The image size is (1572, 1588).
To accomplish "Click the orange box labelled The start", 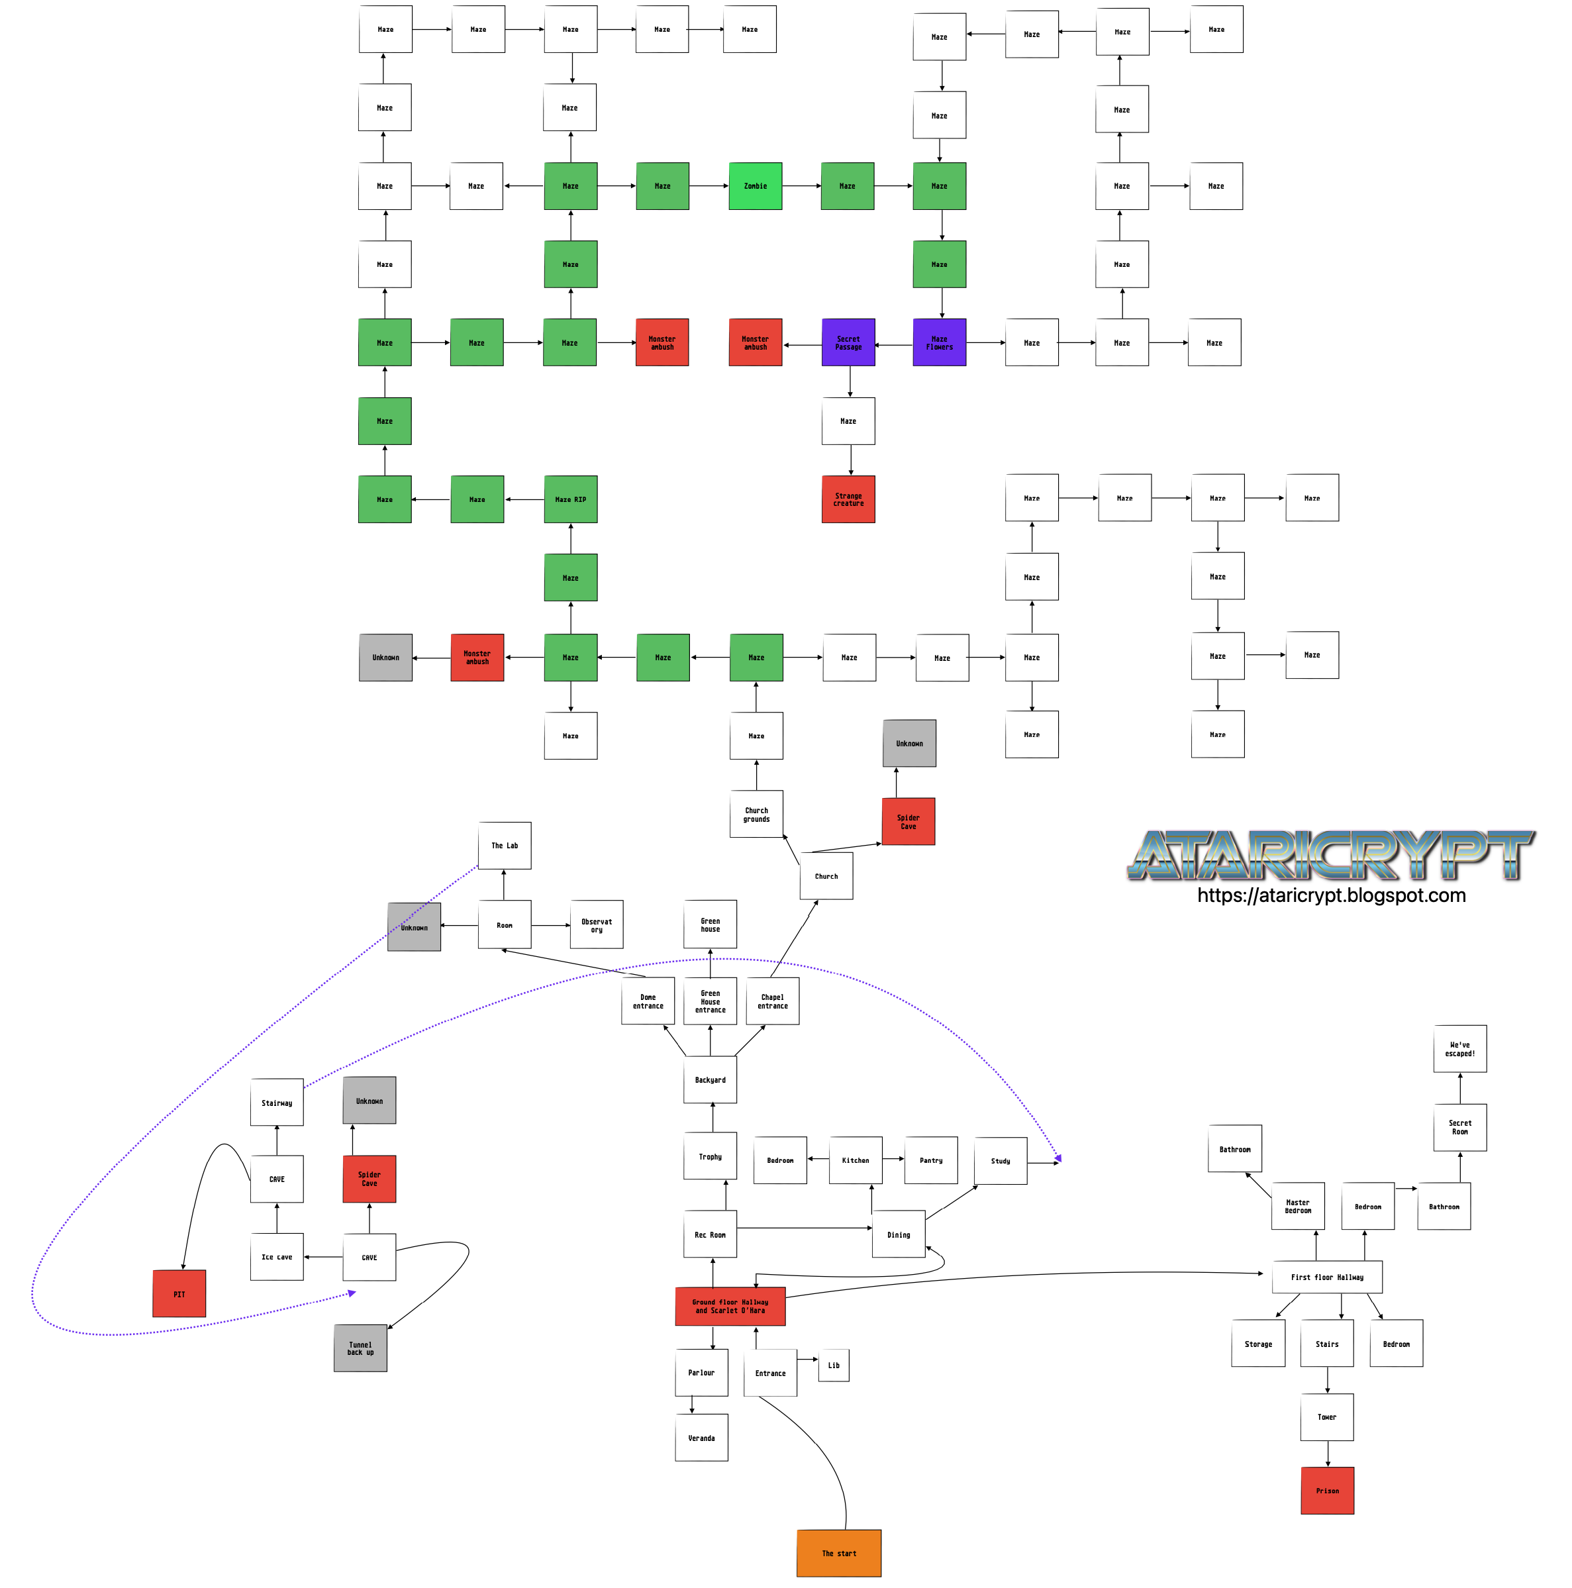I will click(x=838, y=1553).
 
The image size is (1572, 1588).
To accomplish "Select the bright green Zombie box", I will click(x=755, y=186).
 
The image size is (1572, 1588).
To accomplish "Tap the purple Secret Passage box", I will click(x=848, y=342).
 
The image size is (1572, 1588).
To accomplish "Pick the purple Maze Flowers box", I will click(x=939, y=342).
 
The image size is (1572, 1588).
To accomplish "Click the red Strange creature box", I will click(x=848, y=499).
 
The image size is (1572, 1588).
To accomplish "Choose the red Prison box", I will click(x=1327, y=1490).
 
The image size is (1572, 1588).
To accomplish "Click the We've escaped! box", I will click(x=1459, y=1049).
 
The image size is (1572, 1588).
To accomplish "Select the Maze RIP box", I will click(x=570, y=499).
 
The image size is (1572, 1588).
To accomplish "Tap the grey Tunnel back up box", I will click(x=360, y=1348).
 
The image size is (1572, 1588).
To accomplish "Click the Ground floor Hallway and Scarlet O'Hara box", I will click(x=730, y=1306).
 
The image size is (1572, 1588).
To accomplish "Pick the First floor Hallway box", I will click(x=1326, y=1277).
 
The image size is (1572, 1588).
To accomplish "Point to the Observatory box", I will click(x=597, y=924).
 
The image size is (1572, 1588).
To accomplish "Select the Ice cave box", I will click(x=277, y=1257).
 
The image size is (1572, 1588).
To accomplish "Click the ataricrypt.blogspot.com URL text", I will click(x=1330, y=895).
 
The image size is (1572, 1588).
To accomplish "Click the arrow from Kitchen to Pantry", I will click(x=893, y=1159).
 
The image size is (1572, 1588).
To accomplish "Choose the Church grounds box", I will click(x=756, y=814).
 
